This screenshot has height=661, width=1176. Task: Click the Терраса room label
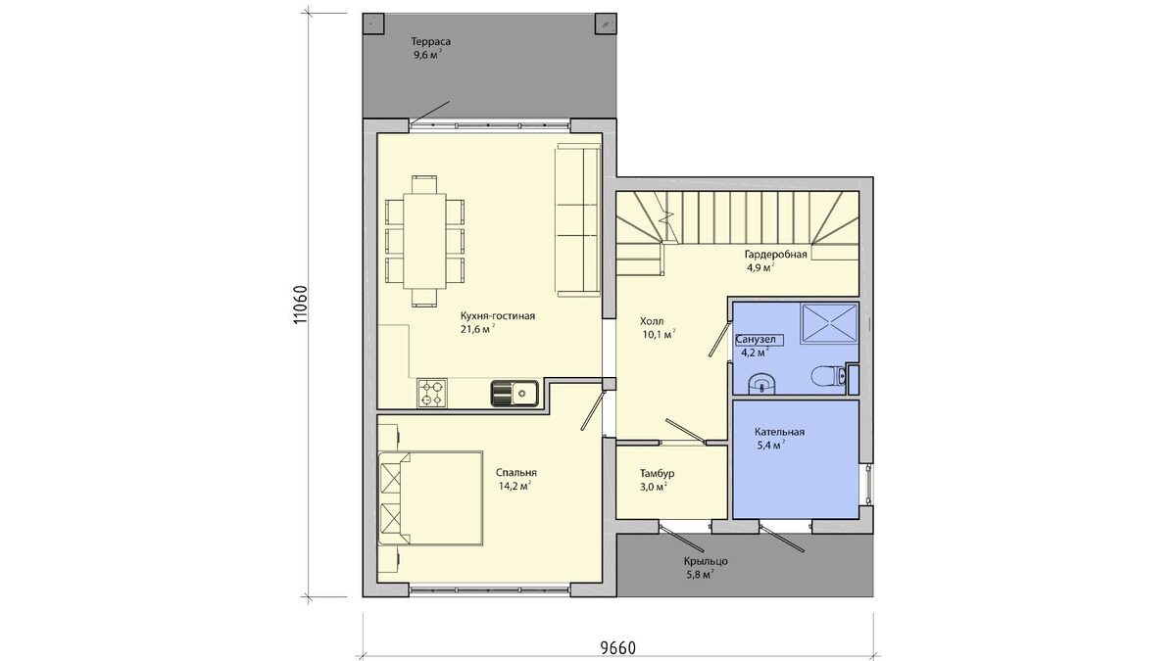pos(430,41)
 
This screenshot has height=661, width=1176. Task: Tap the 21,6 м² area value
pos(478,329)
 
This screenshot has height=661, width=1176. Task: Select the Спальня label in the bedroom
pos(516,473)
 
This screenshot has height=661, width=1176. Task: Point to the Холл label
pos(652,321)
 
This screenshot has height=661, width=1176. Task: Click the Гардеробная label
pos(775,255)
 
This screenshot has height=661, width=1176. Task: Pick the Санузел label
pos(755,340)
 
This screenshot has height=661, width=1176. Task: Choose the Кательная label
pos(780,432)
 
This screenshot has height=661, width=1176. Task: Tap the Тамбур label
pos(658,473)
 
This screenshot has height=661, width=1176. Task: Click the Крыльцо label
pos(706,561)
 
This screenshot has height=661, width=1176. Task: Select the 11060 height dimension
pos(299,305)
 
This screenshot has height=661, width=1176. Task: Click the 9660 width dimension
pos(618,648)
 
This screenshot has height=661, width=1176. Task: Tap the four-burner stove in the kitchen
pos(432,393)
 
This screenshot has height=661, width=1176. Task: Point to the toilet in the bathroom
pos(828,376)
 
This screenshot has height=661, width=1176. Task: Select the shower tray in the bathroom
pos(828,324)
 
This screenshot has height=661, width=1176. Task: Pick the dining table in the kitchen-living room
pos(424,241)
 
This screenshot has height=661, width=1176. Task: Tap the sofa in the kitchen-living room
pos(577,219)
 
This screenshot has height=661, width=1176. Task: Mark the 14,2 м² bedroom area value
pos(514,486)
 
